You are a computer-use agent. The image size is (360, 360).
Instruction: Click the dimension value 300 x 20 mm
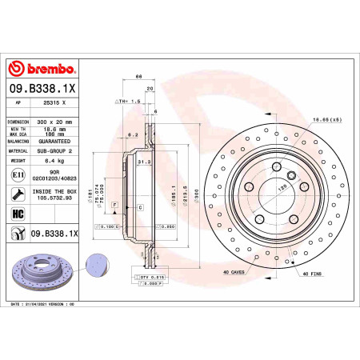coord(56,122)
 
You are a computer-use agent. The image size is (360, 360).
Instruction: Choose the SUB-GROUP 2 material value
coord(54,150)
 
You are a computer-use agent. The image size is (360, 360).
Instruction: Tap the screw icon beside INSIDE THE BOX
coord(18,194)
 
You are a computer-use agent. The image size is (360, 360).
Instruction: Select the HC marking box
coord(18,214)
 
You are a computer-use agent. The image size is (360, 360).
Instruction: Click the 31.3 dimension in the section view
coord(144,161)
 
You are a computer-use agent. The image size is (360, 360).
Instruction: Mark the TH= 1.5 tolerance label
coord(128,102)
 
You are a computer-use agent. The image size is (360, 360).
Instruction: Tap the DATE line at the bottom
coord(46,306)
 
